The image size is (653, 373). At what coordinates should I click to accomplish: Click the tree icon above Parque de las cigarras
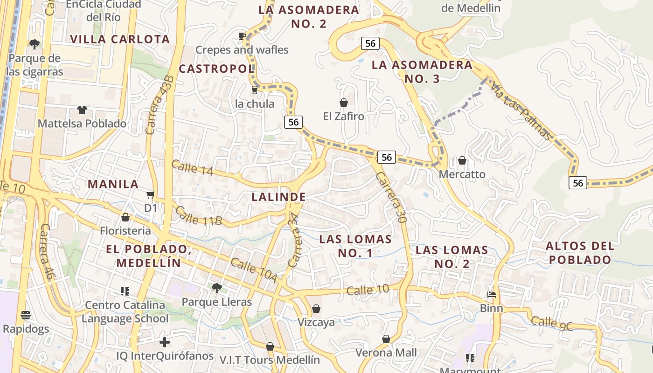(x=34, y=44)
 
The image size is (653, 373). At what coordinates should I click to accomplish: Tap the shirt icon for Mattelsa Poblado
(x=82, y=110)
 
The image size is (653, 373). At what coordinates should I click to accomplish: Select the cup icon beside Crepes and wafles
(x=242, y=36)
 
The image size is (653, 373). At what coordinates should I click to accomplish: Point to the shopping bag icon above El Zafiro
(x=344, y=102)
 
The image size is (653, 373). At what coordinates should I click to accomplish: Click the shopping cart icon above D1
(x=150, y=194)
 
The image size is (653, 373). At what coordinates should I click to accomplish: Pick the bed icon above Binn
(x=492, y=295)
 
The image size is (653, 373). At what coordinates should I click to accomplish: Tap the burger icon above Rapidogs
(x=26, y=315)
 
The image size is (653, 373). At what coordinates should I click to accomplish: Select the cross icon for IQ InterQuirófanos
(x=164, y=342)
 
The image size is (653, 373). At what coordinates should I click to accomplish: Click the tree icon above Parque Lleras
(x=216, y=288)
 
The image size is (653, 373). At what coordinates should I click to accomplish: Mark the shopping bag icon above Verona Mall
(x=386, y=339)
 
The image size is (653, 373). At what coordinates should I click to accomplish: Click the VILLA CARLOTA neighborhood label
(x=120, y=39)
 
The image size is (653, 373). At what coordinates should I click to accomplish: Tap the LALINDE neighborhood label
(x=278, y=197)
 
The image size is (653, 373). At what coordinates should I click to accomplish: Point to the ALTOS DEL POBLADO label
(x=579, y=253)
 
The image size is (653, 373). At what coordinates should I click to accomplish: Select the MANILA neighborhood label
(x=113, y=184)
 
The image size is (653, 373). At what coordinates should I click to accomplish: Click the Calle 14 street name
(x=192, y=168)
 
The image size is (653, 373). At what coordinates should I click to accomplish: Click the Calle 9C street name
(x=552, y=323)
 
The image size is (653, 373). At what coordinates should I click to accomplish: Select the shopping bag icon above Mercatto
(x=462, y=160)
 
